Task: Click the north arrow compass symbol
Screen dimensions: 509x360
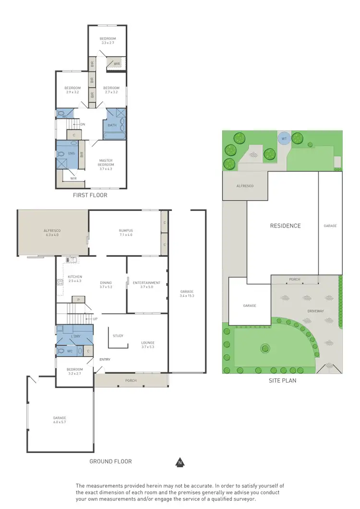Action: pyautogui.click(x=180, y=463)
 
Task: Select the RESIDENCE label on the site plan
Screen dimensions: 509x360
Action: pyautogui.click(x=285, y=226)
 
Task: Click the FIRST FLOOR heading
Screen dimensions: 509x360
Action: pyautogui.click(x=90, y=195)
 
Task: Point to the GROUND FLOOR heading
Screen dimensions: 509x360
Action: pyautogui.click(x=110, y=461)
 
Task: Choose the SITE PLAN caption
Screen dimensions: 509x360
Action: pyautogui.click(x=282, y=381)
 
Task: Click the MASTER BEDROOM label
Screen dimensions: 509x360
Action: pyautogui.click(x=106, y=163)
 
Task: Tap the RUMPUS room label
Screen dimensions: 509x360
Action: pyautogui.click(x=126, y=233)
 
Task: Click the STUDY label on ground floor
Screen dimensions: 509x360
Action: pyautogui.click(x=118, y=336)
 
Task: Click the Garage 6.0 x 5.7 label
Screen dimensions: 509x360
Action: pyautogui.click(x=60, y=420)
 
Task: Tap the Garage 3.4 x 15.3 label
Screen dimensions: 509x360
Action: pyautogui.click(x=188, y=294)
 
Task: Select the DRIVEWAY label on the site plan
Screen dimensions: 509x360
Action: pyautogui.click(x=315, y=311)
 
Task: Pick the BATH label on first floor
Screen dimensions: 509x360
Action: pyautogui.click(x=112, y=125)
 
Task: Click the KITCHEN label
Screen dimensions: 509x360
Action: pyautogui.click(x=75, y=279)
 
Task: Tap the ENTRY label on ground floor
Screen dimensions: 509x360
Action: pyautogui.click(x=105, y=359)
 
